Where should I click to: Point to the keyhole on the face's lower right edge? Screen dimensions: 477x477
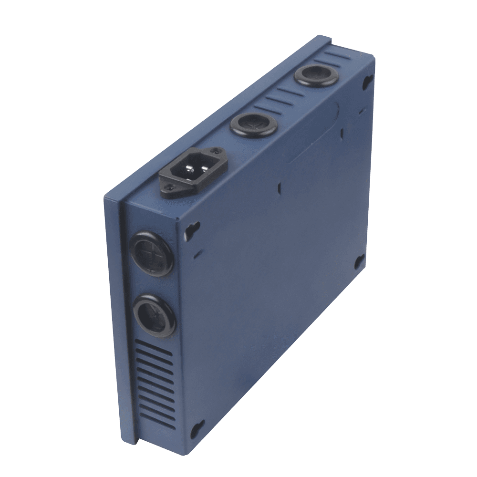click(359, 261)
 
